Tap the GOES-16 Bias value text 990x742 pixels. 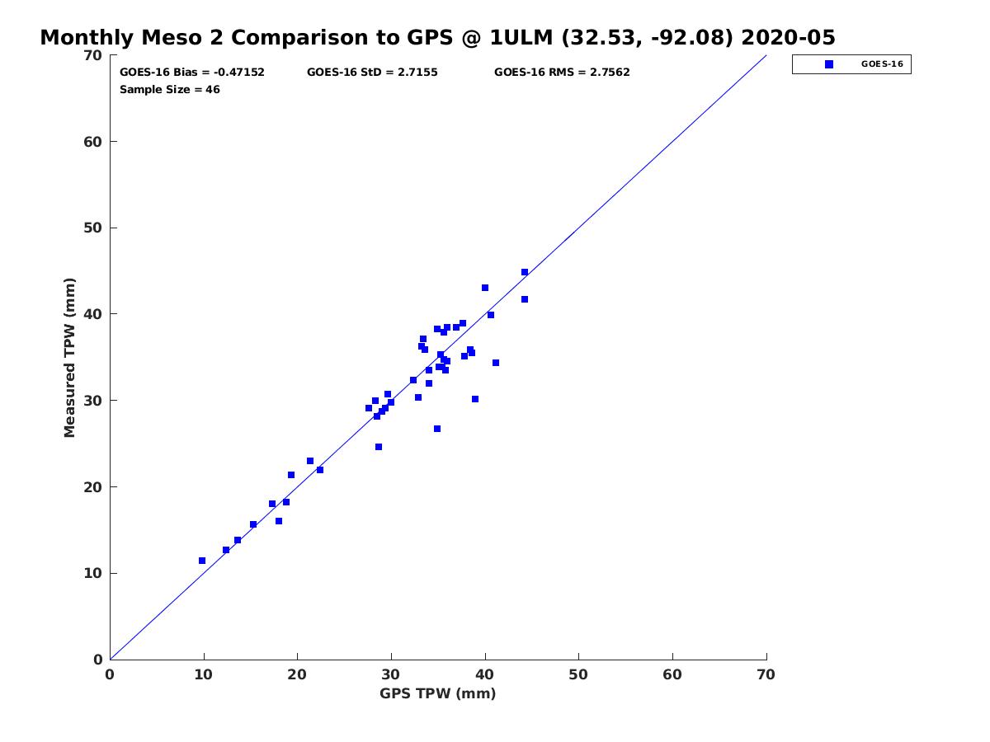pyautogui.click(x=192, y=73)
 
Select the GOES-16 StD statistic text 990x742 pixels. pyautogui.click(x=372, y=73)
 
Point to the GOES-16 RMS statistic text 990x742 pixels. pyautogui.click(x=562, y=73)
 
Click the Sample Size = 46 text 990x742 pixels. pyautogui.click(x=170, y=90)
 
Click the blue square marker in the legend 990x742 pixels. pyautogui.click(x=829, y=64)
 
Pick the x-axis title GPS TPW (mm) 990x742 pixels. pyautogui.click(x=438, y=693)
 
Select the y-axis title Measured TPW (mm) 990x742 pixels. pyautogui.click(x=70, y=357)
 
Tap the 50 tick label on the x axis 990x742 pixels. pyautogui.click(x=579, y=675)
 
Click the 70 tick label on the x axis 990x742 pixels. pyautogui.click(x=766, y=675)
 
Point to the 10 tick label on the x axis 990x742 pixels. pyautogui.click(x=204, y=675)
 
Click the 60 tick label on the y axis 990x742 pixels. pyautogui.click(x=93, y=142)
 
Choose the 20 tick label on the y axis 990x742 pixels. pyautogui.click(x=93, y=487)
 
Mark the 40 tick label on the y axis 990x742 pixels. pyautogui.click(x=93, y=314)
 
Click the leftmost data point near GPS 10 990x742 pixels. pyautogui.click(x=202, y=561)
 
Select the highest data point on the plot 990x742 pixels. pyautogui.click(x=525, y=272)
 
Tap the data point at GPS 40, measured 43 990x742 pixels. pyautogui.click(x=485, y=288)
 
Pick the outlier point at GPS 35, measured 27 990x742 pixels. pyautogui.click(x=437, y=429)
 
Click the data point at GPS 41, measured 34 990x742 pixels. pyautogui.click(x=496, y=363)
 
